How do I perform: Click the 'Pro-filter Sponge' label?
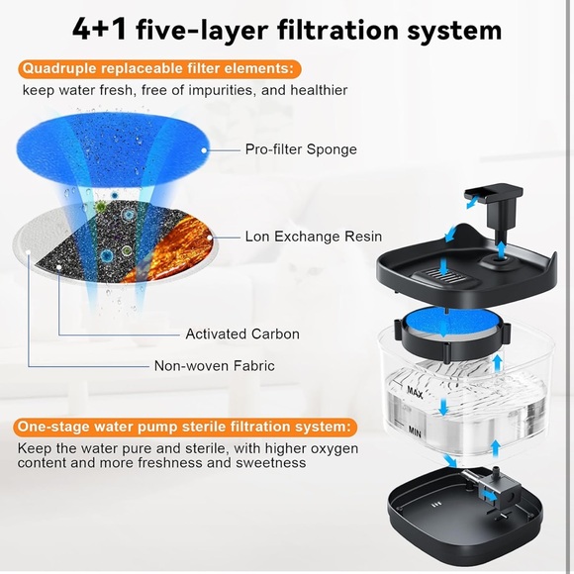point(301,150)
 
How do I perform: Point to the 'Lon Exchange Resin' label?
point(308,238)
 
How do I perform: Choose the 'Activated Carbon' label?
point(242,335)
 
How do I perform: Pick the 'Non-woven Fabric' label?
point(215,366)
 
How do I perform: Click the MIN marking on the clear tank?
point(417,431)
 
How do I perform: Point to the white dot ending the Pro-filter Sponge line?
point(205,150)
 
